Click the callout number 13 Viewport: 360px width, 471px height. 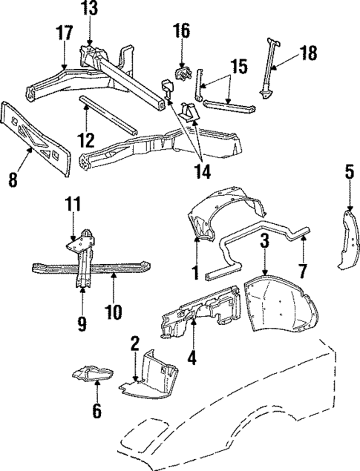89,10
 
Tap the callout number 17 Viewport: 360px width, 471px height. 64,34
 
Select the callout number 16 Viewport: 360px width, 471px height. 181,31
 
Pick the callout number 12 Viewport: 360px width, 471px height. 87,139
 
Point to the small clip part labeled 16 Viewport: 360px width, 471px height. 182,75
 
